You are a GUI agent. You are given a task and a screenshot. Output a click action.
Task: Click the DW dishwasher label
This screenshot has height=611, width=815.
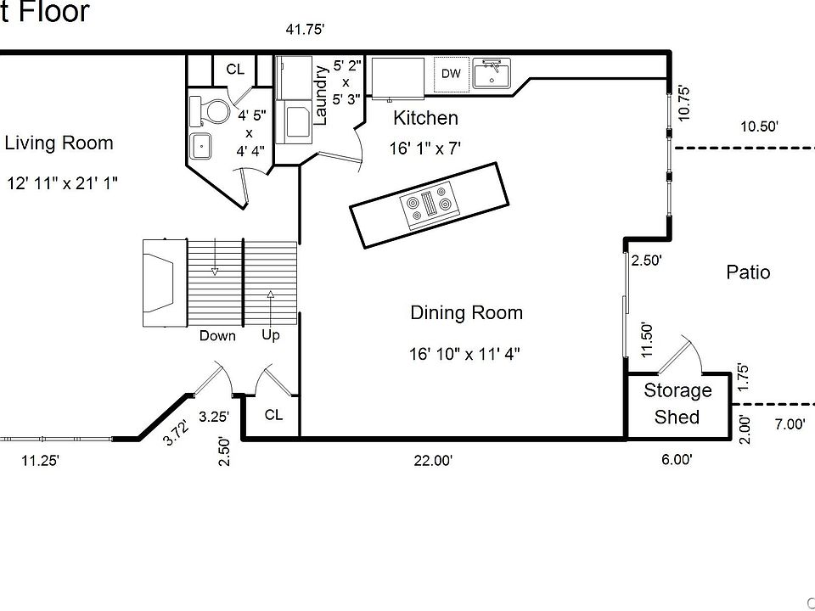coord(451,74)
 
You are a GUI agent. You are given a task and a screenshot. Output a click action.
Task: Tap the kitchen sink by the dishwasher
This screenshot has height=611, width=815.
coord(492,73)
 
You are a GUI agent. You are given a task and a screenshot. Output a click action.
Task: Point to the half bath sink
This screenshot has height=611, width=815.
coord(200,147)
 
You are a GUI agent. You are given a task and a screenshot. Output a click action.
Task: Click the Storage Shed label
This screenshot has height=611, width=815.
coord(677,404)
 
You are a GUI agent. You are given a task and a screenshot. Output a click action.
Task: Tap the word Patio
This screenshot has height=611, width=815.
coord(748,272)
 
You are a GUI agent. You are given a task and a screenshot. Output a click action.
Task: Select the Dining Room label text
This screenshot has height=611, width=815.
coord(466,313)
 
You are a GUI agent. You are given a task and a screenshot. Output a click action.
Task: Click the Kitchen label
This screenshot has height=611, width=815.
coord(425,119)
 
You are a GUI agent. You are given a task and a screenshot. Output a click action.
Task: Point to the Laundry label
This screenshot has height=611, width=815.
coord(321,95)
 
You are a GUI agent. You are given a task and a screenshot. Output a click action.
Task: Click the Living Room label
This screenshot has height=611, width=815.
coord(59,143)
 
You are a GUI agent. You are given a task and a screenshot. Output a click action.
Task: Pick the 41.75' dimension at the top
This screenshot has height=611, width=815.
coord(305,30)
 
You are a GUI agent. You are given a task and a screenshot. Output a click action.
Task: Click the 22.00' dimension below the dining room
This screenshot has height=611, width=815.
coord(433,460)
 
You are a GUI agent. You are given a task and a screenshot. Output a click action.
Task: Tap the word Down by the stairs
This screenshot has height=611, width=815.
coord(217,336)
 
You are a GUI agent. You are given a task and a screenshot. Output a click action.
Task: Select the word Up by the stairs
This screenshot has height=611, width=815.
coord(270,336)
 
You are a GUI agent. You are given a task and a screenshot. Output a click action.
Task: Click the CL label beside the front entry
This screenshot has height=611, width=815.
coord(273,415)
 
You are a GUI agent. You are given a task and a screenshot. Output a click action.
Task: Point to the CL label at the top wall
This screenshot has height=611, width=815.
coord(235,70)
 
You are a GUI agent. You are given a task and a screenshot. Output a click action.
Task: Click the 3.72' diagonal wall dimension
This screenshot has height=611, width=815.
coord(175,434)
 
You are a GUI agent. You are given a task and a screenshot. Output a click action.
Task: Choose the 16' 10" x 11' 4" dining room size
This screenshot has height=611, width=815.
coord(464,355)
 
